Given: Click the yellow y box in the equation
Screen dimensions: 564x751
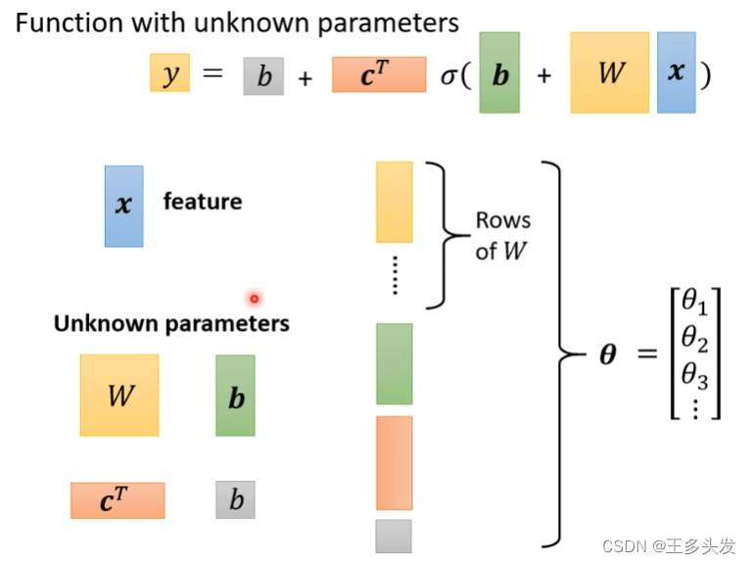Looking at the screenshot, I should [x=169, y=73].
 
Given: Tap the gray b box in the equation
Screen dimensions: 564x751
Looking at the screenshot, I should [x=263, y=75].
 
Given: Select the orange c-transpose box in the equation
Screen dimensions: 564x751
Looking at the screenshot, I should [x=379, y=74].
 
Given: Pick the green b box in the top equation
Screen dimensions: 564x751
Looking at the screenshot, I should [x=499, y=73].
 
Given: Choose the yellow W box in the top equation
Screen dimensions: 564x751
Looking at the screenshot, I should [x=609, y=73].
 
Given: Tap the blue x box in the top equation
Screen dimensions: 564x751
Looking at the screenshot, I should [x=676, y=73].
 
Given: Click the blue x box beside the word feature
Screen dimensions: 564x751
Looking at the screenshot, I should [x=123, y=206].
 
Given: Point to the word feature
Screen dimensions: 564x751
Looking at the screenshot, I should [x=203, y=202].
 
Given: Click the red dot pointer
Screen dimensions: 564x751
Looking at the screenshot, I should [x=254, y=299].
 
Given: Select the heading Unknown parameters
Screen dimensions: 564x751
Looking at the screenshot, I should [x=171, y=323].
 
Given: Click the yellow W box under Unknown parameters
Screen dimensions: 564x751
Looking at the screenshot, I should [x=119, y=395].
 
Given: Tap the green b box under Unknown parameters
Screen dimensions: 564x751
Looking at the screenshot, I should [x=235, y=396].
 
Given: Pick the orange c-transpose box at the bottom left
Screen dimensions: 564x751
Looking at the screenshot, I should [x=117, y=499].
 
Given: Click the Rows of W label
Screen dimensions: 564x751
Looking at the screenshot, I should [x=502, y=235].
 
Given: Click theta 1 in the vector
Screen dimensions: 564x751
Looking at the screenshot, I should [x=694, y=302].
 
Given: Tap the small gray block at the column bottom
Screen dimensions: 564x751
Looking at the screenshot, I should [x=394, y=536].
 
